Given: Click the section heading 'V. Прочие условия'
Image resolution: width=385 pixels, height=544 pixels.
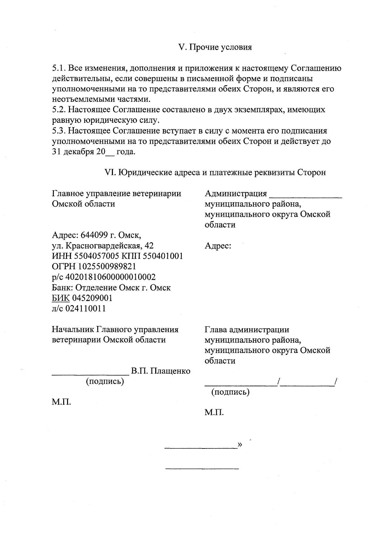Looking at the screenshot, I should point(215,47).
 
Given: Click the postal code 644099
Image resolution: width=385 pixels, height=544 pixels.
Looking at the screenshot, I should point(94,235).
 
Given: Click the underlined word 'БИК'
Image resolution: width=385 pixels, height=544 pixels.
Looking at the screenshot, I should point(61,298).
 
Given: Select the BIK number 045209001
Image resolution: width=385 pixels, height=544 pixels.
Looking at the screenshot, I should point(92,298).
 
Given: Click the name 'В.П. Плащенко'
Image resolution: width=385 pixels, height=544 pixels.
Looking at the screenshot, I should point(160,371).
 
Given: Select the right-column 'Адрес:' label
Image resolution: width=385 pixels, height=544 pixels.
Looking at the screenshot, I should point(218,246).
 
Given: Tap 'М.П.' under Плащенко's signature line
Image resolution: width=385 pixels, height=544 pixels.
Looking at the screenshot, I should point(62,402).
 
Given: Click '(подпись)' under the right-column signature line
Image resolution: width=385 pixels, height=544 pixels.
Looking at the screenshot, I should point(230,392).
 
